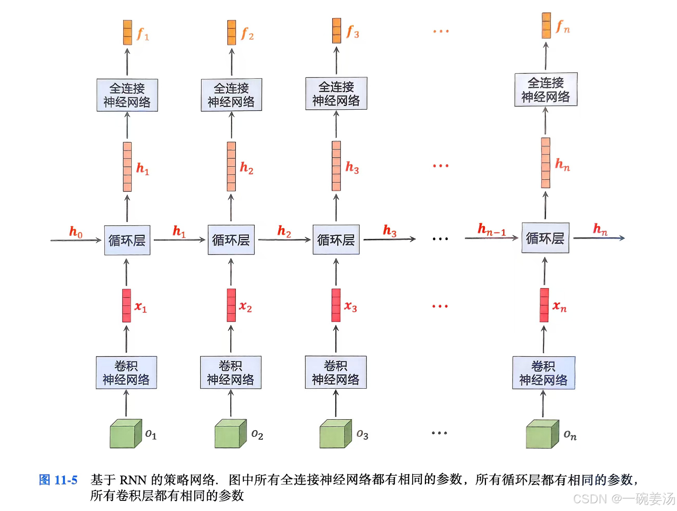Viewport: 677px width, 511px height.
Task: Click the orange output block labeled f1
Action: (128, 32)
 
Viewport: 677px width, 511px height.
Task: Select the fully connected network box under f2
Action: (231, 95)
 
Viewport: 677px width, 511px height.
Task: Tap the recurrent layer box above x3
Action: (336, 240)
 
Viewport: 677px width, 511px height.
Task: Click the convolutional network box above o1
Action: (127, 372)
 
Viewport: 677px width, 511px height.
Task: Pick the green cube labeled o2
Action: (230, 434)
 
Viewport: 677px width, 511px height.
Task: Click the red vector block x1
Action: (127, 305)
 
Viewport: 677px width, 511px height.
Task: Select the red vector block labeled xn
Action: (544, 305)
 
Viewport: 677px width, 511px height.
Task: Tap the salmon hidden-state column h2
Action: (231, 166)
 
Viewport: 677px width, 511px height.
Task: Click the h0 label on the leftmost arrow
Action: (76, 232)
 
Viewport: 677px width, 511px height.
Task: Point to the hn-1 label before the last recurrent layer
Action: (491, 230)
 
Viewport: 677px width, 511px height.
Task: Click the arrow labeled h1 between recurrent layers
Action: (179, 240)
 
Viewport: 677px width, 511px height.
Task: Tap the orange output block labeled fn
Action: (546, 25)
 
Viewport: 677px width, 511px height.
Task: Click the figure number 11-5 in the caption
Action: (66, 480)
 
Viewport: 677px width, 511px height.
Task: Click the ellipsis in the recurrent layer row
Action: (440, 239)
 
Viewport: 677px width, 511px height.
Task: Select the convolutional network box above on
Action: (544, 373)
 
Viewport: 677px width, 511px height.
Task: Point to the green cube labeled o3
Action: (335, 434)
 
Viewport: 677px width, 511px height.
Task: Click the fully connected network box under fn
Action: (546, 89)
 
